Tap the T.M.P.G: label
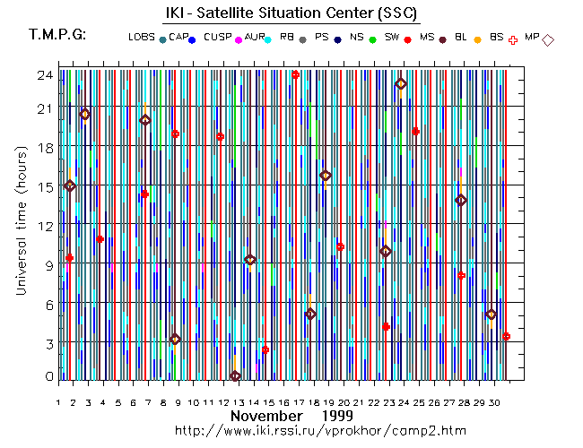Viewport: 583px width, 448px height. click(x=57, y=35)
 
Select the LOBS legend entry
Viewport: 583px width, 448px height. click(x=141, y=37)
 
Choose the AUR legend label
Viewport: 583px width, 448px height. click(x=255, y=37)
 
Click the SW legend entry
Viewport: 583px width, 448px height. click(x=391, y=37)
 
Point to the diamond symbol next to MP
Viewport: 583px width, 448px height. click(x=548, y=39)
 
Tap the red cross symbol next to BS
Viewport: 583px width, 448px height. click(x=513, y=40)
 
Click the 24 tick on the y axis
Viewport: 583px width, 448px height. click(x=43, y=75)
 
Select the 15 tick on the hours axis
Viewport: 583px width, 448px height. click(x=43, y=186)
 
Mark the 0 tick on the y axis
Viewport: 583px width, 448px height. click(x=47, y=377)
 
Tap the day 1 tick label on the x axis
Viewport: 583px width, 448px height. click(x=58, y=403)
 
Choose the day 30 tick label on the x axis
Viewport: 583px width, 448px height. click(x=491, y=403)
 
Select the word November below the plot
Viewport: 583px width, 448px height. click(x=265, y=417)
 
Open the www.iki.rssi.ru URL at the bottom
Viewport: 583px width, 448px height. click(x=321, y=431)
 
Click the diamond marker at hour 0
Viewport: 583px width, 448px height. click(x=235, y=376)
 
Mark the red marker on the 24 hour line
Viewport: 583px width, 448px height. click(x=295, y=74)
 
